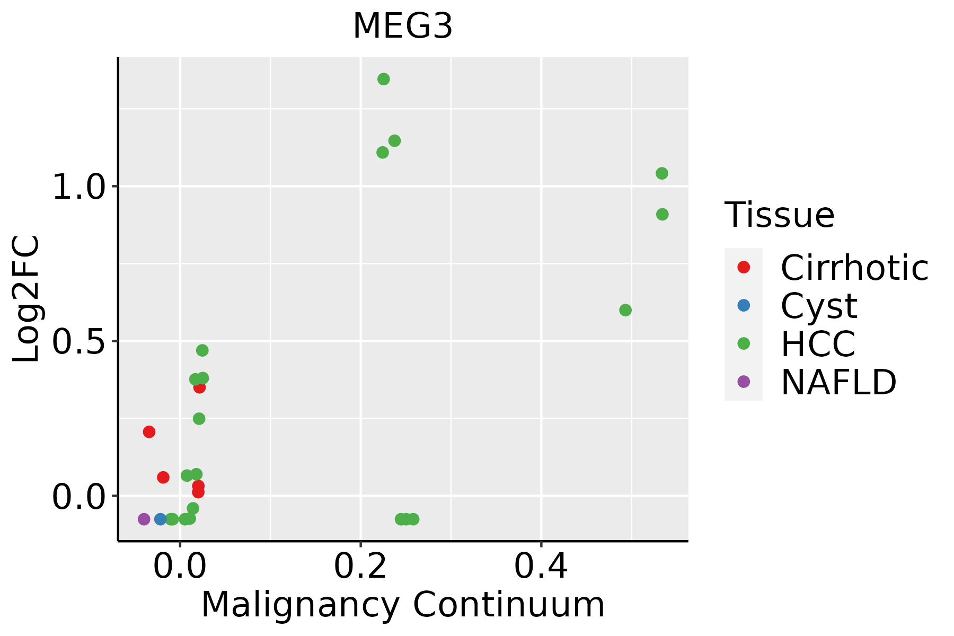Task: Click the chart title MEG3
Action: [x=403, y=26]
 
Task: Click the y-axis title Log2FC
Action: [x=26, y=299]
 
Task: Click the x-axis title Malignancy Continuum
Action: [x=403, y=605]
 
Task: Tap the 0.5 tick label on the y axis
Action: [x=78, y=341]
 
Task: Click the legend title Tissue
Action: [x=780, y=215]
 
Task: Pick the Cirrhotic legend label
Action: [x=854, y=268]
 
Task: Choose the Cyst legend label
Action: [x=819, y=306]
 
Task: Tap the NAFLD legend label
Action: [x=839, y=382]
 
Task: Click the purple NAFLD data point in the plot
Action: [x=144, y=519]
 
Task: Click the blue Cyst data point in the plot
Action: [x=161, y=519]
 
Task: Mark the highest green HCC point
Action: [x=384, y=79]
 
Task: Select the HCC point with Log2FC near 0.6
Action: [x=625, y=310]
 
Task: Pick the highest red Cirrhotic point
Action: [x=199, y=387]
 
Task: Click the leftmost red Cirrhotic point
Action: [x=149, y=432]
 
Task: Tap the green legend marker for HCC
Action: [x=744, y=343]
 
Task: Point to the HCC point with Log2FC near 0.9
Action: [x=662, y=214]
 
